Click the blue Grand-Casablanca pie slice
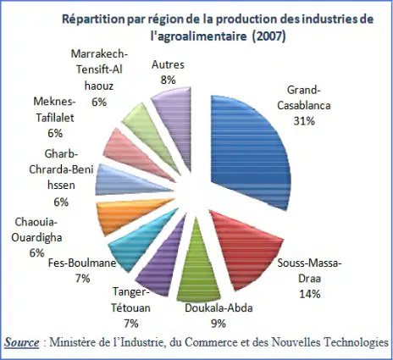[248, 150]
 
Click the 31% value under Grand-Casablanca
[304, 121]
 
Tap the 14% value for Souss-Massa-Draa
[310, 294]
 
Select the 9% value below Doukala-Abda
[219, 324]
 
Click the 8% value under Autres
[168, 80]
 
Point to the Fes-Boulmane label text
[82, 263]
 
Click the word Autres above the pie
[168, 64]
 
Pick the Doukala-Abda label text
[219, 307]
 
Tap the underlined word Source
[22, 342]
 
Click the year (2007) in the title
[268, 36]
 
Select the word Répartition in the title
[93, 19]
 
